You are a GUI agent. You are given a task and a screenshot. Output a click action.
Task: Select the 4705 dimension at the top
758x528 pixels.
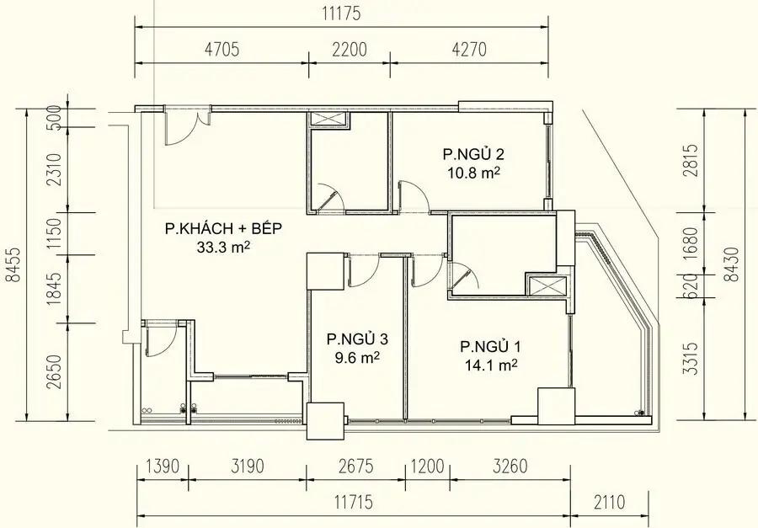[x=221, y=50]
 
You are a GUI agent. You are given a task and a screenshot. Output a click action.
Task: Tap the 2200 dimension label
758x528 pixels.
[x=349, y=50]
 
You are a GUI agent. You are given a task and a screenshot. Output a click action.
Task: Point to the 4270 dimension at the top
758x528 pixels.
[x=468, y=50]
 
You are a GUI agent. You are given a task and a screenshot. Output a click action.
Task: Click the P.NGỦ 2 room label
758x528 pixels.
[x=473, y=154]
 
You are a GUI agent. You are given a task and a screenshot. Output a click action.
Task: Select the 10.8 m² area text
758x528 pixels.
[x=472, y=172]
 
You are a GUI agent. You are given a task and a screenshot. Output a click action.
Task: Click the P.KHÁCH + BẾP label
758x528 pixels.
[x=223, y=228]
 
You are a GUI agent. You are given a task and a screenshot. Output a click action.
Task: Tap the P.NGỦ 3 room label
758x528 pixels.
[x=358, y=339]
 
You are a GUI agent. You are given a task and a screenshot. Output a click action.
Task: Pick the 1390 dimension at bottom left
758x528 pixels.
[x=161, y=466]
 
